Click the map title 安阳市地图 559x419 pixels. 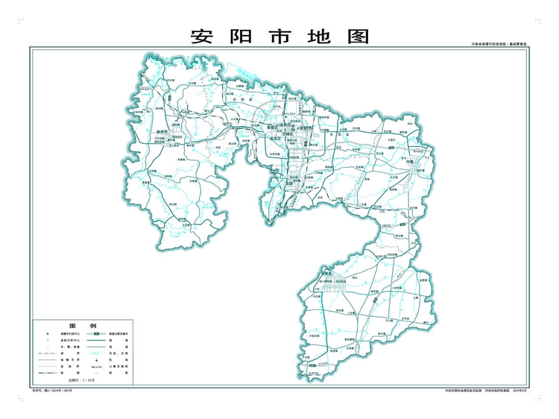coord(279,37)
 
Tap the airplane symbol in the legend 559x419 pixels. coord(92,359)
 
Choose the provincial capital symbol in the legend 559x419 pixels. coord(46,333)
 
